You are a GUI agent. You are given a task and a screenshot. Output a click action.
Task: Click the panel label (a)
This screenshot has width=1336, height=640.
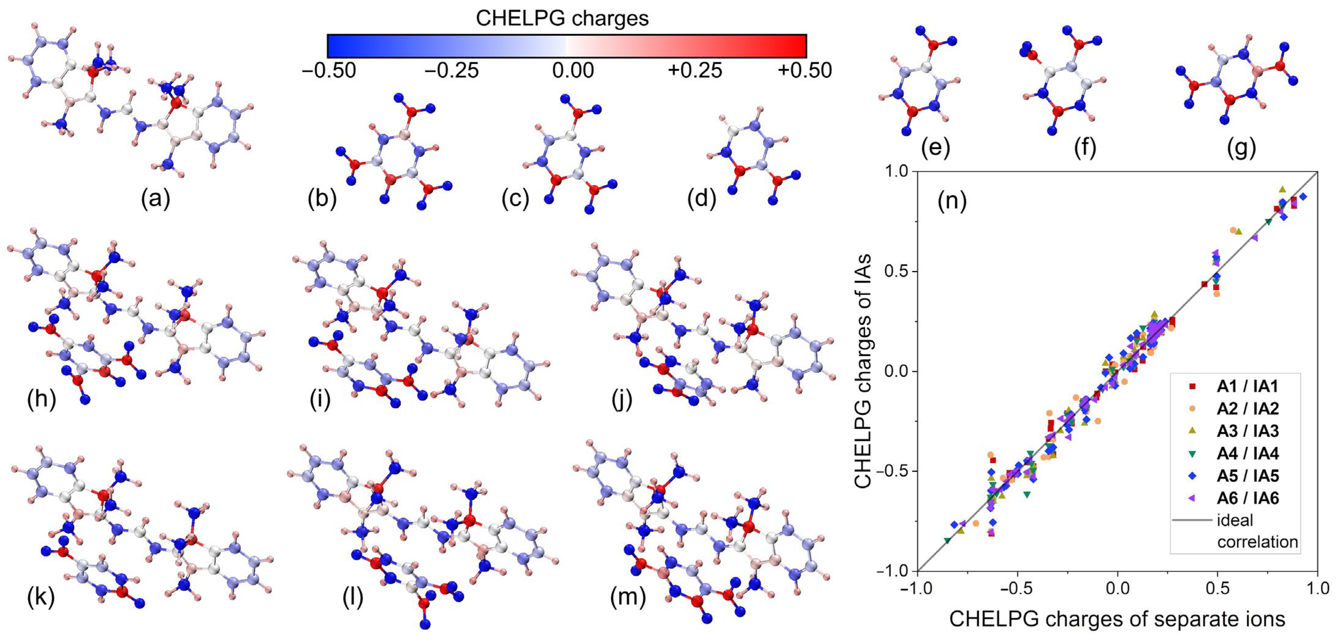156,198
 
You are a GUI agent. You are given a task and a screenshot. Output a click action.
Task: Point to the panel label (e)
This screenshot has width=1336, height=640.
935,148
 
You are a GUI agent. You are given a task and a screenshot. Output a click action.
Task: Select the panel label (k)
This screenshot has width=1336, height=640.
40,597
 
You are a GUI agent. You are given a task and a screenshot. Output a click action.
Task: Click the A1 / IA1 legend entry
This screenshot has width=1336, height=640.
1247,386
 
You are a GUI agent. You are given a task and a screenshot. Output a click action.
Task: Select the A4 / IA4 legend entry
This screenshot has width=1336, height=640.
1247,454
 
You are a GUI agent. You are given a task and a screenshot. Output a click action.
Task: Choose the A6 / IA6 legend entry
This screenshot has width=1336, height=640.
1247,498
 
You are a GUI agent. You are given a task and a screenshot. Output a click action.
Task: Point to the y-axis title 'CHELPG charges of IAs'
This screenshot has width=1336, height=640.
862,371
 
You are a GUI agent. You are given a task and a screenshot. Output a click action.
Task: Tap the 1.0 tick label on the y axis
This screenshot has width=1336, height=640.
896,171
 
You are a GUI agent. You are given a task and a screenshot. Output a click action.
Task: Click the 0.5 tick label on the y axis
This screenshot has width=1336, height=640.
896,272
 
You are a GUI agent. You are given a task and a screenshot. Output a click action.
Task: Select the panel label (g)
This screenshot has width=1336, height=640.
1241,148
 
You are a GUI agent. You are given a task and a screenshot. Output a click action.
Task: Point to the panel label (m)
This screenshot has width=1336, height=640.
628,597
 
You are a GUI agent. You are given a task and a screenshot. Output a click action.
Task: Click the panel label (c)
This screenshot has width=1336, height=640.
515,198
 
